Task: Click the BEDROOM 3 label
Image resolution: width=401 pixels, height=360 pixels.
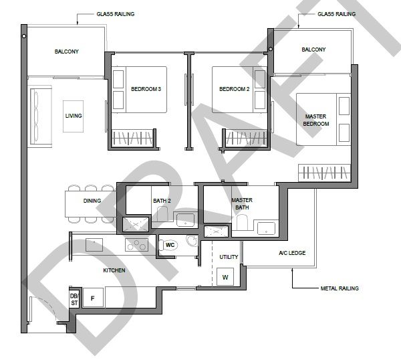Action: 146,89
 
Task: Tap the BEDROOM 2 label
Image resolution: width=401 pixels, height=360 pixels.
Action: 235,89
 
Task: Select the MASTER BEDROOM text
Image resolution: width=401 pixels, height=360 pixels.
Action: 316,120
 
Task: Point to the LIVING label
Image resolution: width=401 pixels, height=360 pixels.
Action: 74,116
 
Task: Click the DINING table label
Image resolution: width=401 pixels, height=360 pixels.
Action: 92,201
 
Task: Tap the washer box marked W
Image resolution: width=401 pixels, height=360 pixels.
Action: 225,277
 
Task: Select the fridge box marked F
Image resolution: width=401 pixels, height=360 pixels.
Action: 93,298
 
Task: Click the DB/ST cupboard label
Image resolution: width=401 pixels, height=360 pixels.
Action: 74,300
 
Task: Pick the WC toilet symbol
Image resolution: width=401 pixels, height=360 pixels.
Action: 168,245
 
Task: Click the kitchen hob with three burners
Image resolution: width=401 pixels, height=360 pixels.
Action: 136,245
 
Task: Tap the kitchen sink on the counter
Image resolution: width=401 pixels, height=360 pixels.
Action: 94,245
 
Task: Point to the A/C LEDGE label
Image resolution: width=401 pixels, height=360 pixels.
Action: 292,253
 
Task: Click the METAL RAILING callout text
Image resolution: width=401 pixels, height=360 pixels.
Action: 340,288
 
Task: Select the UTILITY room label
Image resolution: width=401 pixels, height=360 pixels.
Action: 229,257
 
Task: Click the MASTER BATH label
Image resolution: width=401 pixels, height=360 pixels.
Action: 242,204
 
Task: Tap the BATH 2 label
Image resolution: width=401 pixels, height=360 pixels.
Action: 162,201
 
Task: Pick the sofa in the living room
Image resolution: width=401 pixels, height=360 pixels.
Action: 41,116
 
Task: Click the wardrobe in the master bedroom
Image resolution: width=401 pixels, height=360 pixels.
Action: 324,173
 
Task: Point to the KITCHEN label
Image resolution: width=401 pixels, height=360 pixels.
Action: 114,270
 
